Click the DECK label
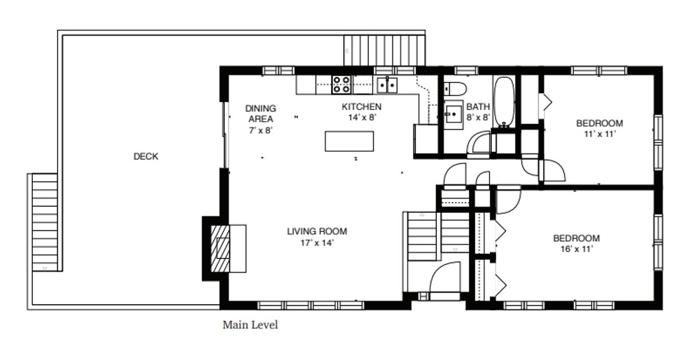(146, 156)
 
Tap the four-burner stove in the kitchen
(342, 85)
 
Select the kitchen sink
(387, 85)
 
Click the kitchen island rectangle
(349, 142)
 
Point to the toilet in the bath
(455, 89)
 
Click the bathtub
(504, 102)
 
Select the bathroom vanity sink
(453, 114)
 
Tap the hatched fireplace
(220, 249)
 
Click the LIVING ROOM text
(317, 231)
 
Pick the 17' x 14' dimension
(317, 243)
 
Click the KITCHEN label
(361, 107)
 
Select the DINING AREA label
(261, 113)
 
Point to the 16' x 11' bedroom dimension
(576, 249)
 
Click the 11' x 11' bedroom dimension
(600, 134)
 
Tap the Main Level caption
(250, 325)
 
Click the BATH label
(478, 107)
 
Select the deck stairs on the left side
(45, 222)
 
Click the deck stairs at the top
(384, 51)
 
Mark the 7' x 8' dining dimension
(261, 130)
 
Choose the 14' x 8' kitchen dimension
(362, 117)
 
